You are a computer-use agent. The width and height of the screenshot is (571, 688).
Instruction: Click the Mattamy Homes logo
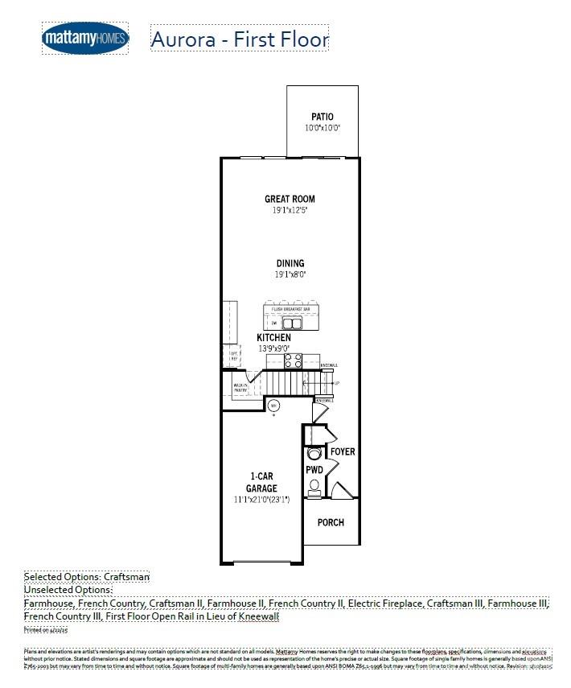[84, 38]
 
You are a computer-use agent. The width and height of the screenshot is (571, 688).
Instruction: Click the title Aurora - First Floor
[240, 39]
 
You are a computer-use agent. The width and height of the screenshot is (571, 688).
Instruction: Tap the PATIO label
[322, 117]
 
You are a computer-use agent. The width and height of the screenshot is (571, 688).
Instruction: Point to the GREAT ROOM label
[290, 199]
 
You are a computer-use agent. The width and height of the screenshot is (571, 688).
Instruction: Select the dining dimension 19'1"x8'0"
[290, 274]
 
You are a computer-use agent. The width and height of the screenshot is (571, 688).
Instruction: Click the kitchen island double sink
[292, 323]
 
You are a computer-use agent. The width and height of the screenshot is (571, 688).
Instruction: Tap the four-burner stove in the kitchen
[294, 360]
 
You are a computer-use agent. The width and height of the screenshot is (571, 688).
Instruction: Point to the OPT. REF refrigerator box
[233, 355]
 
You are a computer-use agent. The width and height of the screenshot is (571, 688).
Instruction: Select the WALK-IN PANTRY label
[240, 388]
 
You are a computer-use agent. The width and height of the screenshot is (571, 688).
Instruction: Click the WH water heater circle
[273, 405]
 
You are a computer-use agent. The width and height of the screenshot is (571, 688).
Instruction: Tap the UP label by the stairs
[336, 383]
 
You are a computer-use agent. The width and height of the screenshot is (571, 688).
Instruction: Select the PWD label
[314, 469]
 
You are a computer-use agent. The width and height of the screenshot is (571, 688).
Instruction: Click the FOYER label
[343, 452]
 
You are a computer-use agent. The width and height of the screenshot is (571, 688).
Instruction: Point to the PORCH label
[331, 522]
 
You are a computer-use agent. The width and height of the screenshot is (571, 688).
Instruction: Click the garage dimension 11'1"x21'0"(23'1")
[261, 500]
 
